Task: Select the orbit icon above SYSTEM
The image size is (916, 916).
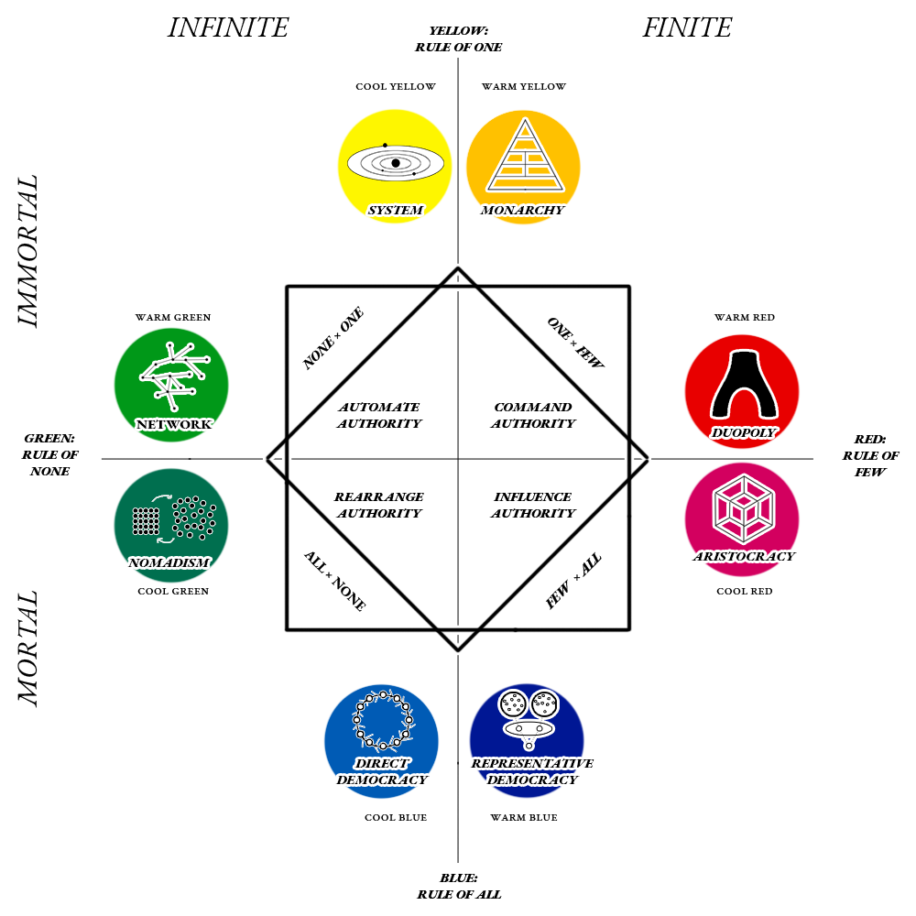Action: [x=395, y=164]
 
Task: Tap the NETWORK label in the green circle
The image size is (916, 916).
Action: [x=173, y=424]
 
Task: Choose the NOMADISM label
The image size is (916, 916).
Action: [x=169, y=563]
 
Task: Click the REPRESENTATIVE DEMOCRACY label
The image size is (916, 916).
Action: [x=531, y=771]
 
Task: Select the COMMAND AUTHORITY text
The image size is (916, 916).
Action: [x=532, y=415]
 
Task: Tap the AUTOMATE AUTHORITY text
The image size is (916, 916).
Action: [x=379, y=415]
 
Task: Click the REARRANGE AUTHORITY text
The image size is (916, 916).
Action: [x=378, y=505]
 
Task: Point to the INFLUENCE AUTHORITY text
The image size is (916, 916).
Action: [x=532, y=505]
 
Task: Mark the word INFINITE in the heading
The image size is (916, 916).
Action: [x=228, y=27]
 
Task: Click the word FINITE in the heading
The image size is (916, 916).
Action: [x=687, y=27]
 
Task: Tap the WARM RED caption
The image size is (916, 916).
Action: [x=744, y=318]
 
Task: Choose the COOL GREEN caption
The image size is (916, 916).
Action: [x=173, y=592]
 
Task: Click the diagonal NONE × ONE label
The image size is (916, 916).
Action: [x=333, y=339]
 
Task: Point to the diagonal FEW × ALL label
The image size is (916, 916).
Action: [x=574, y=582]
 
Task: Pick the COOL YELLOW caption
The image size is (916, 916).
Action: [x=395, y=87]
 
